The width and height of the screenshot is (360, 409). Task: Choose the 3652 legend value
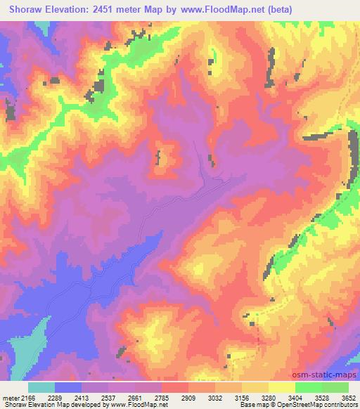pyautogui.click(x=349, y=398)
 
